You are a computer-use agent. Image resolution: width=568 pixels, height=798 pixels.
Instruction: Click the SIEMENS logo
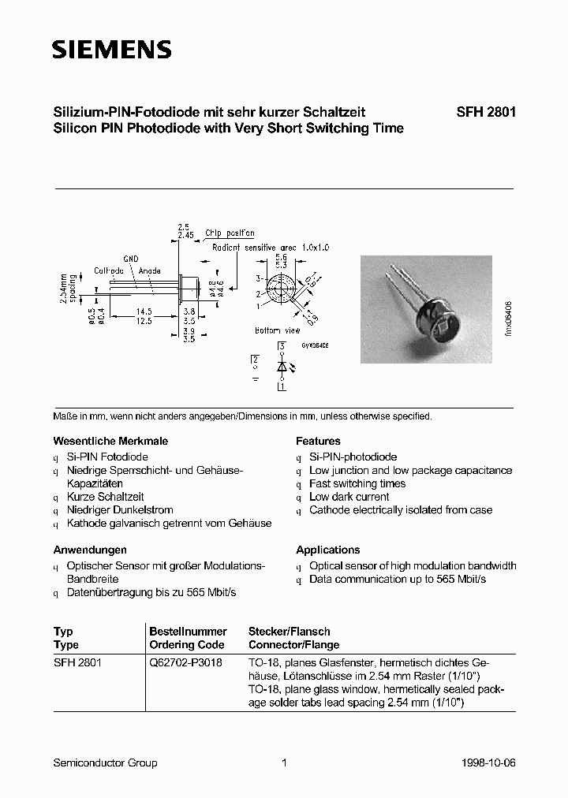click(x=111, y=50)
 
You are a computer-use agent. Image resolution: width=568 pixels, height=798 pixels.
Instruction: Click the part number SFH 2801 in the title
click(x=486, y=113)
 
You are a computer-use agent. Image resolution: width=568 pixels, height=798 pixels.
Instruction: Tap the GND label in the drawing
click(x=130, y=259)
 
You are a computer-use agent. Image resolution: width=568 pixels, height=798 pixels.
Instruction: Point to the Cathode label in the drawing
click(x=109, y=270)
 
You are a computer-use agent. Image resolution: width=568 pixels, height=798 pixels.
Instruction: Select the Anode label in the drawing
click(x=150, y=270)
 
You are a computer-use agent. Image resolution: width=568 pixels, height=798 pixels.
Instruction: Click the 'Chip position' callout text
click(x=230, y=233)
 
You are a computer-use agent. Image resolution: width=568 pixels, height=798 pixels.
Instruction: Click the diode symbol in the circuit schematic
click(x=281, y=367)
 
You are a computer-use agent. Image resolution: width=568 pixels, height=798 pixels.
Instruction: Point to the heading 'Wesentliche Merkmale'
click(x=110, y=442)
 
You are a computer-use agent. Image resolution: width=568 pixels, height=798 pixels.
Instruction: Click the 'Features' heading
click(x=318, y=442)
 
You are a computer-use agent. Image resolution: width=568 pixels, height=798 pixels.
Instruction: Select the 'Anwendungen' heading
click(x=90, y=550)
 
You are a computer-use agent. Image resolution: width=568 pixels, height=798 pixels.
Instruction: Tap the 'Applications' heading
click(x=327, y=550)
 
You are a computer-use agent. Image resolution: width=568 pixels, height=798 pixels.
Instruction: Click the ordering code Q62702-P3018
click(x=185, y=663)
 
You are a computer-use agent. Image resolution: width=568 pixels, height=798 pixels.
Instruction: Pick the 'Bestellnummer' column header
click(x=188, y=632)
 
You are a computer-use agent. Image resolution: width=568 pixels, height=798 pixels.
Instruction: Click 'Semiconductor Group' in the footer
click(x=105, y=763)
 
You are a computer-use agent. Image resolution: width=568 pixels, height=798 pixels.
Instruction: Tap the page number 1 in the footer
click(x=284, y=763)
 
